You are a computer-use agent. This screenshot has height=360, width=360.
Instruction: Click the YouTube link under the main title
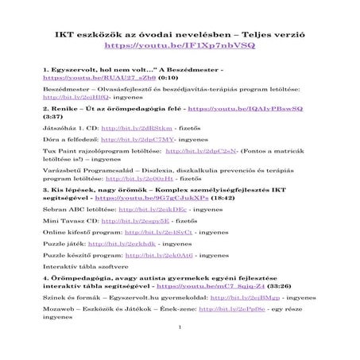(x=180, y=48)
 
